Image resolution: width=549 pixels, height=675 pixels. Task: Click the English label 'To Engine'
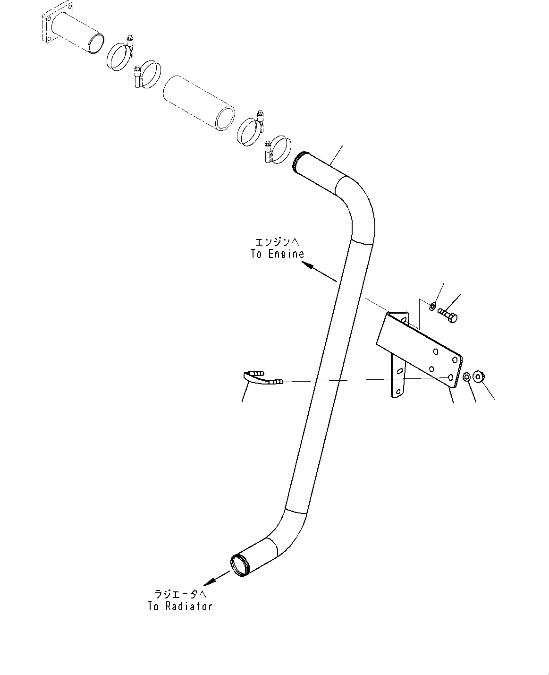[277, 254]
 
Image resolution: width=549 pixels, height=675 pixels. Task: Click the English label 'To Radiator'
[180, 607]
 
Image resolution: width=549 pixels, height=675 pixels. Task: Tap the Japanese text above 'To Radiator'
[181, 594]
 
